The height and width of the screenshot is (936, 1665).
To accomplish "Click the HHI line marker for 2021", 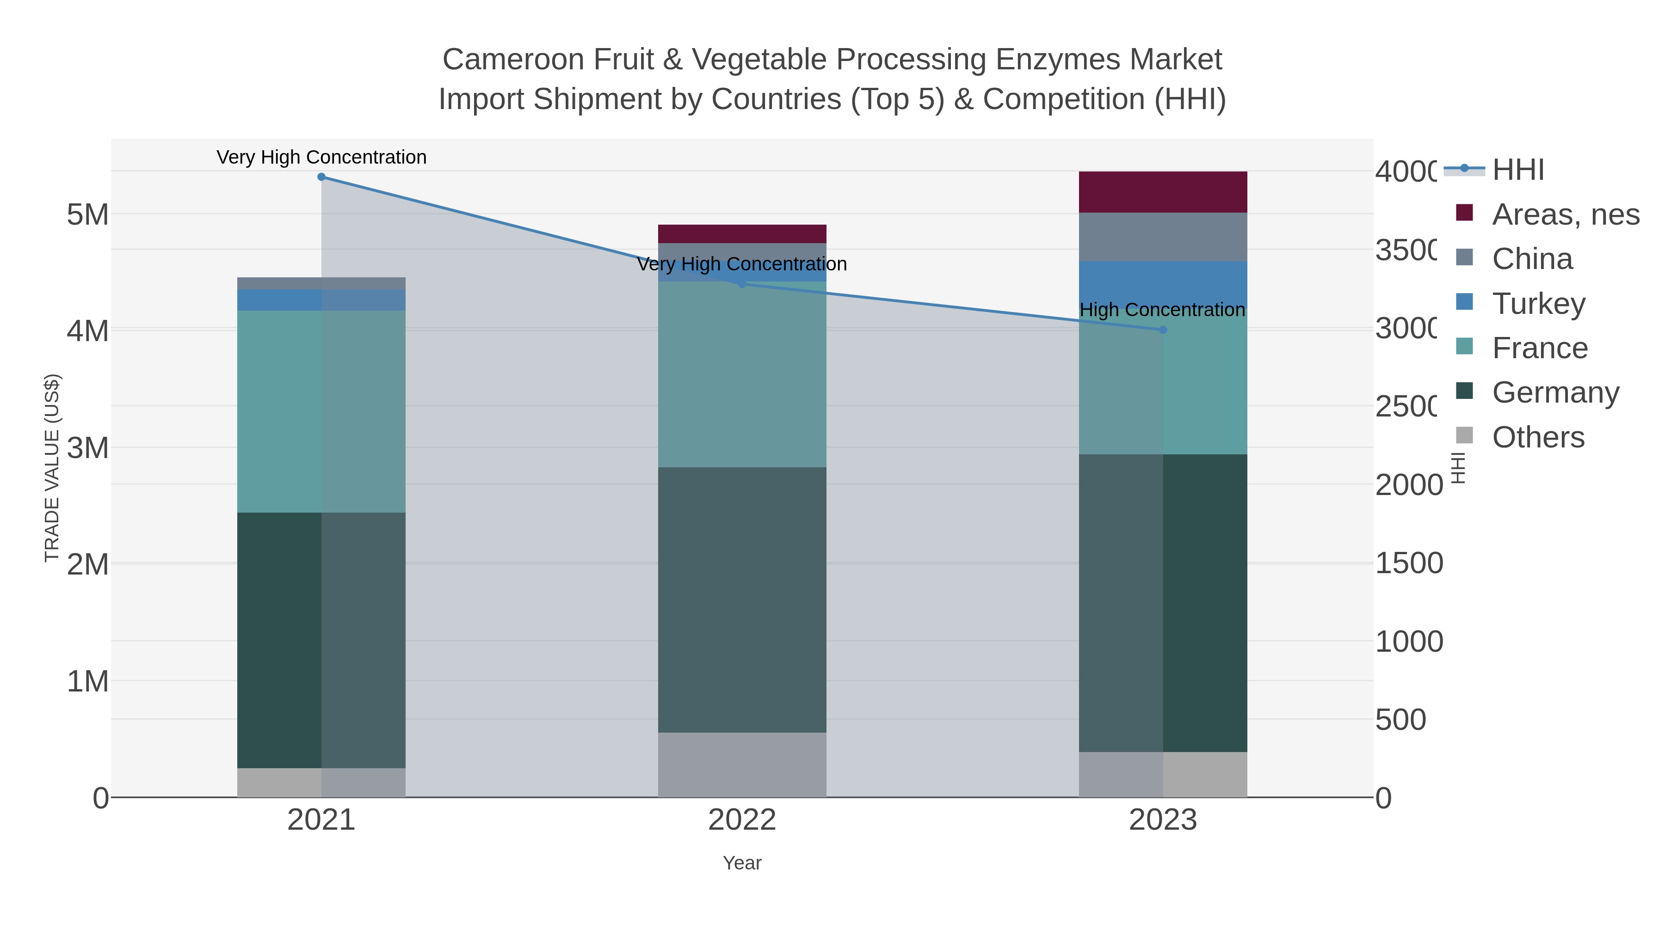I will click(x=321, y=177).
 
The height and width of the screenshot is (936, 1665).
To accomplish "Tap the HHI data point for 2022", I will click(x=742, y=284).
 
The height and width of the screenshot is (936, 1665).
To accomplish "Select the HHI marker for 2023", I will click(x=1163, y=330).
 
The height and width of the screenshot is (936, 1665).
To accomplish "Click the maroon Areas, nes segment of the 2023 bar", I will click(x=1163, y=192).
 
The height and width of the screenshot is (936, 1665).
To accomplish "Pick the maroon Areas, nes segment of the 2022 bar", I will click(x=742, y=234).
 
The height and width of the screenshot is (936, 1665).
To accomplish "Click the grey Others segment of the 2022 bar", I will click(x=742, y=765).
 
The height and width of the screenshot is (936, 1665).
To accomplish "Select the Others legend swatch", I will click(x=1465, y=436).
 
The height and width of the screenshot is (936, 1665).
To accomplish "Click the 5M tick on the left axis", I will click(x=87, y=214).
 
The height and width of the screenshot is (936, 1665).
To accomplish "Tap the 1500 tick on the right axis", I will click(x=1408, y=563).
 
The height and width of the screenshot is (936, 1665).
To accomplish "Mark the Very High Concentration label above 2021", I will click(x=321, y=158).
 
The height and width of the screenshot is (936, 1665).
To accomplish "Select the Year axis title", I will click(x=742, y=863).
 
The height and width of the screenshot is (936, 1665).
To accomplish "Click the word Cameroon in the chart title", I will click(x=513, y=60).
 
